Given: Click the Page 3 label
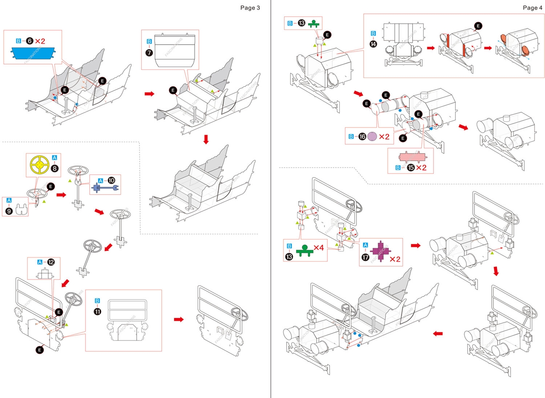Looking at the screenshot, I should coord(250,7).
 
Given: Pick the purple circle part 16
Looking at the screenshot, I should coord(372,137).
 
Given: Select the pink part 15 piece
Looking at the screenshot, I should coord(411,157).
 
